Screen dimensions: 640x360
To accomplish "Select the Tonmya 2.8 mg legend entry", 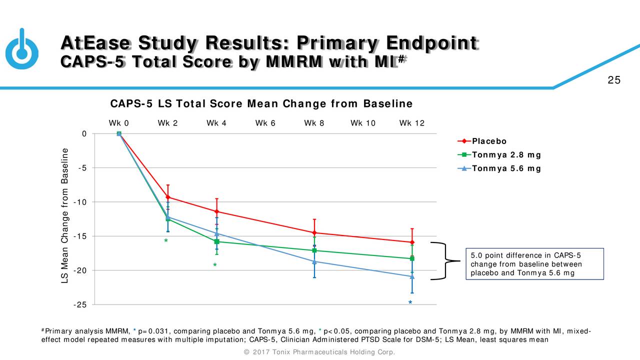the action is (x=499, y=155).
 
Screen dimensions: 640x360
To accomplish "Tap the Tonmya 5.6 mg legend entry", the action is (x=499, y=168).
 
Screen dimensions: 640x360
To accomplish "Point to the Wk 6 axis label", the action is (x=265, y=123).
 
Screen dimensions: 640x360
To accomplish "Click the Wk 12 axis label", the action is (x=411, y=123).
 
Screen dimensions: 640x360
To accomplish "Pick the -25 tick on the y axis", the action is (x=80, y=305).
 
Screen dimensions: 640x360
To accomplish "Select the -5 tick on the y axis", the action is (x=82, y=168).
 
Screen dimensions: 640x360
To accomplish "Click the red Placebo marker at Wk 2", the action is (x=168, y=197).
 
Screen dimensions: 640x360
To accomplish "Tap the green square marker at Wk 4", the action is (x=216, y=241).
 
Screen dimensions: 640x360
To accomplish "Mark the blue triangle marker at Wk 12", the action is (x=412, y=276).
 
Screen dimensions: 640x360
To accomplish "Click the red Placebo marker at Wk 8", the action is (x=314, y=233).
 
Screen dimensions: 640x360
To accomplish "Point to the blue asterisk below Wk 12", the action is (x=410, y=302).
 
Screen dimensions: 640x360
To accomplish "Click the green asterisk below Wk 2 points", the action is (x=166, y=240).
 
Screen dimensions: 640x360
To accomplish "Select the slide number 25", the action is (x=614, y=80).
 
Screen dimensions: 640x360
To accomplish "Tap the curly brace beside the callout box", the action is (x=445, y=260).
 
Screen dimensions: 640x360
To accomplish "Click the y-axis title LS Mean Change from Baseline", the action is (x=65, y=215).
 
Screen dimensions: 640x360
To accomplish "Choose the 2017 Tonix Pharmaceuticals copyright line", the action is (x=319, y=352).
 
